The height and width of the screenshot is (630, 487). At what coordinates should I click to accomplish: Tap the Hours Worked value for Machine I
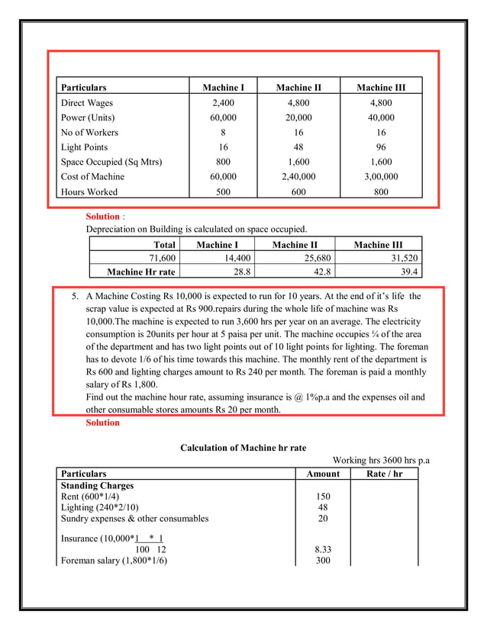[x=223, y=191]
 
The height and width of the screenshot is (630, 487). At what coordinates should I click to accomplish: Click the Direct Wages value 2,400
[x=223, y=103]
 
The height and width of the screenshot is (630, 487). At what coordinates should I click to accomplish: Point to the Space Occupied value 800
[x=223, y=162]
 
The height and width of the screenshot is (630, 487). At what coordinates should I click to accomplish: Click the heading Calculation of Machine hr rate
[x=243, y=448]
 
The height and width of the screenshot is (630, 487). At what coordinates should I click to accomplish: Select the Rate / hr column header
[x=383, y=474]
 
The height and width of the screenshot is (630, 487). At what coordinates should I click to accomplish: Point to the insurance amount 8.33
[x=322, y=548]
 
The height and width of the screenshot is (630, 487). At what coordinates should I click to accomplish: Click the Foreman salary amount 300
[x=322, y=561]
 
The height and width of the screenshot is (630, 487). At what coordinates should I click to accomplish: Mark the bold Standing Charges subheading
[x=97, y=485]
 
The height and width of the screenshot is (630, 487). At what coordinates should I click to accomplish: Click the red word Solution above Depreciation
[x=102, y=217]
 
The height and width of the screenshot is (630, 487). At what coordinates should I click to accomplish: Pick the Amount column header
[x=322, y=474]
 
